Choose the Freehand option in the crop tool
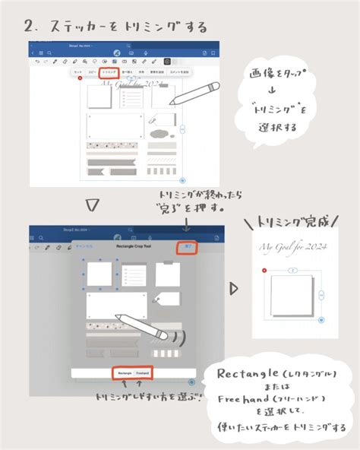coord(143,373)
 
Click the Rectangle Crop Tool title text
coord(118,247)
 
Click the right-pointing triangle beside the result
coord(233,290)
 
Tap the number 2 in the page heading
coord(29,27)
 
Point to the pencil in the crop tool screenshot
coord(144,327)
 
